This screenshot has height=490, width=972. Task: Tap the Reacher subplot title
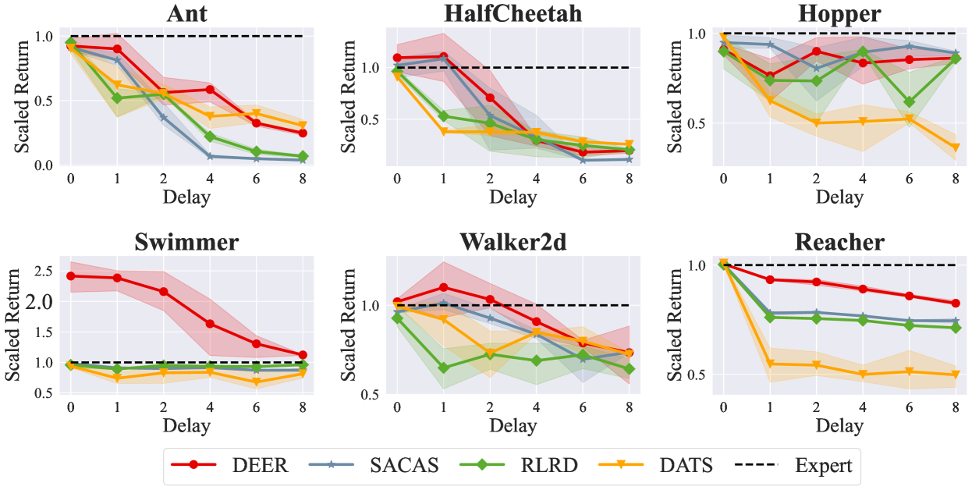click(839, 242)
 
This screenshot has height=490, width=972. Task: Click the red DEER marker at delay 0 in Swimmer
click(71, 275)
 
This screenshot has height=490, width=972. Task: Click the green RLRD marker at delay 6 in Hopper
click(910, 101)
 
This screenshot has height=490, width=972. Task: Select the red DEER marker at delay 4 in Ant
click(210, 90)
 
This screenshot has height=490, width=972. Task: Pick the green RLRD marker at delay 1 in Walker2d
click(443, 367)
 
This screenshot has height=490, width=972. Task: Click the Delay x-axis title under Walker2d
click(513, 425)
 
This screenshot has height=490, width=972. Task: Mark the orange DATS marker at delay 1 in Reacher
click(770, 364)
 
